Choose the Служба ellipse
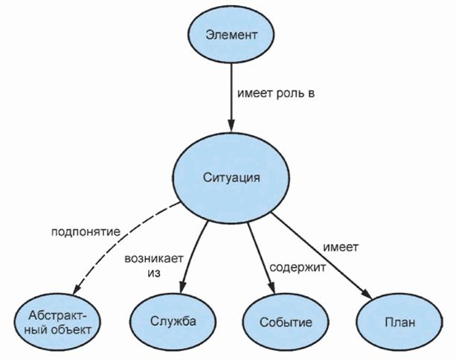(x=173, y=323)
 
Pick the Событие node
(x=285, y=323)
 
